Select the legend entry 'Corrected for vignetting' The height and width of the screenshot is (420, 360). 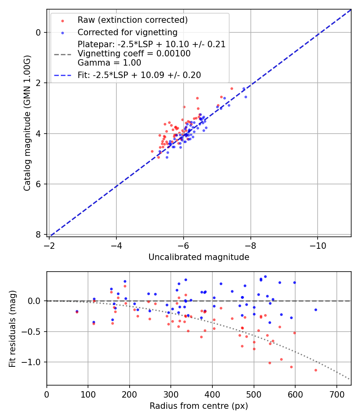pos(127,32)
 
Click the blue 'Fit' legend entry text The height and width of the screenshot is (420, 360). pos(139,75)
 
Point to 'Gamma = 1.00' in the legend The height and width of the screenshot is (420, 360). pos(109,62)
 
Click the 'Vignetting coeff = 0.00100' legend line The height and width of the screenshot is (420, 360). pos(134,53)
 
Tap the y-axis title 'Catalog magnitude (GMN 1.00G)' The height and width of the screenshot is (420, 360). pos(27,123)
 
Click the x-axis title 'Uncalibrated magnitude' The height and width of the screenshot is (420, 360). pos(199,257)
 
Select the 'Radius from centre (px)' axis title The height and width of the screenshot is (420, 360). pos(199,406)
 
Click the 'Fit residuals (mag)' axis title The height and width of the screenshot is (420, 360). pos(12,328)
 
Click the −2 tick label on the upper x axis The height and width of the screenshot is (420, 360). pos(49,244)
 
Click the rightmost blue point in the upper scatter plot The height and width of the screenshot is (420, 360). pos(246,97)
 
